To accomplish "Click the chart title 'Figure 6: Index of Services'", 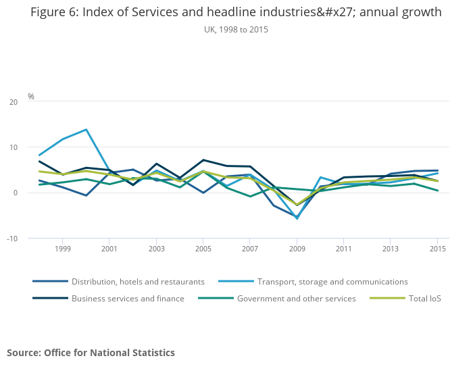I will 236,12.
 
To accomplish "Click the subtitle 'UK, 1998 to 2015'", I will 236,30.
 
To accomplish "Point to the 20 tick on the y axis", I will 14,102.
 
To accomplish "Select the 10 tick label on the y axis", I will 14,147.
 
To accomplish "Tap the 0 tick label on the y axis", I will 16,193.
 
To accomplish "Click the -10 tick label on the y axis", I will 13,239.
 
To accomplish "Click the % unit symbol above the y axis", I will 30,97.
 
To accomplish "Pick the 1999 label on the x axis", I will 63,249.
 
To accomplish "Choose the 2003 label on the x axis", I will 156,249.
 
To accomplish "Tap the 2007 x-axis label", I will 249,249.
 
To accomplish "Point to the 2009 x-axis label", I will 297,249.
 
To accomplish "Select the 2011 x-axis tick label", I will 343,249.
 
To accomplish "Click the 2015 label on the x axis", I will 437,249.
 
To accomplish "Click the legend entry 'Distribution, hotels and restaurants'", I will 138,282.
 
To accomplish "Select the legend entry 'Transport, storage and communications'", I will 332,282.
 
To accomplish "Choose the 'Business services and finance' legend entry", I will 128,299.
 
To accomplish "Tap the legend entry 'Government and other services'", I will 296,299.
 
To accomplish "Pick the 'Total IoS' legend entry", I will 424,299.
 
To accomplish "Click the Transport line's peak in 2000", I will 86,130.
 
